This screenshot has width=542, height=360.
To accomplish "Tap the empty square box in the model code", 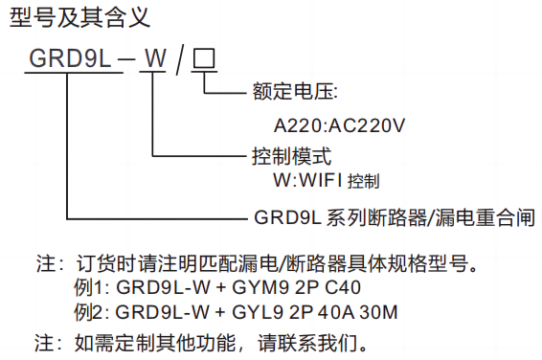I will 205,58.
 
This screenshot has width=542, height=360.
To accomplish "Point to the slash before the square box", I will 179,58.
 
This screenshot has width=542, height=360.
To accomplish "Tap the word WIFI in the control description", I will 317,179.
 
